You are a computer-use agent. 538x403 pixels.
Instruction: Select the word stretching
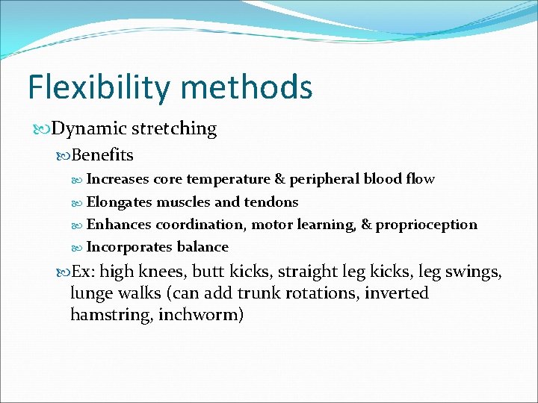(174, 129)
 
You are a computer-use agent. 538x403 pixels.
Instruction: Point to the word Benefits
(102, 155)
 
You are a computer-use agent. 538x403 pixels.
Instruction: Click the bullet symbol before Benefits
(64, 156)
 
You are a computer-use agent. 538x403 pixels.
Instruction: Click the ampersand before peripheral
(280, 179)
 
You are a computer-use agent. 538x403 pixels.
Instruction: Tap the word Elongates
(120, 201)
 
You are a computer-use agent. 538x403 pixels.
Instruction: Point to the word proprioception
(426, 225)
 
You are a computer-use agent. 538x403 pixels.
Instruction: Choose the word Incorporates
(130, 247)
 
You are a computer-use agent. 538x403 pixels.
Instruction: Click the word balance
(202, 247)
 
